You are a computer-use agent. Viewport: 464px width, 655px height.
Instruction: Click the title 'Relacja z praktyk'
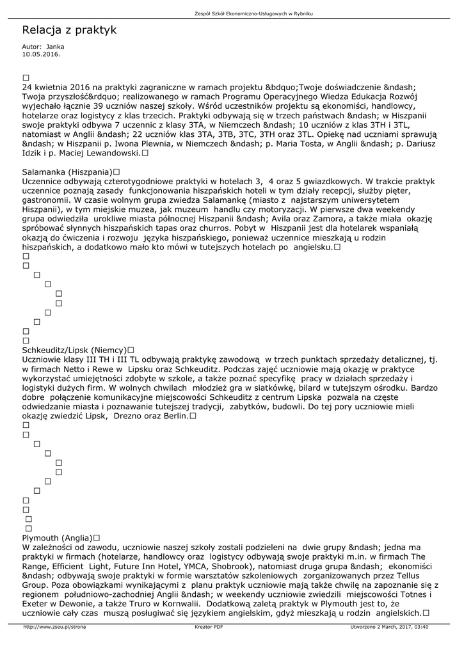[x=69, y=30]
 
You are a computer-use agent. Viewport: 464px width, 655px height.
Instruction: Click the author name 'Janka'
[x=56, y=47]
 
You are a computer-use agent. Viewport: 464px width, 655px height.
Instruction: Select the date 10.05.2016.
[x=41, y=54]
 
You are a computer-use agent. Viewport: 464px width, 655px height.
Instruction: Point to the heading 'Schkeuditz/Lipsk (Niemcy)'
[x=74, y=351]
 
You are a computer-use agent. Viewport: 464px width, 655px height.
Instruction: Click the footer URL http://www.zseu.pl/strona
[x=54, y=627]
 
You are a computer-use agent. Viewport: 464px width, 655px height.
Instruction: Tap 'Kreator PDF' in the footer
[x=209, y=627]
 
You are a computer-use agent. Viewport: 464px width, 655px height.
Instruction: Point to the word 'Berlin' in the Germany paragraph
[x=175, y=416]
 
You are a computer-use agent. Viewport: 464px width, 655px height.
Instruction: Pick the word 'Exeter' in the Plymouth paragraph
[x=36, y=603]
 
